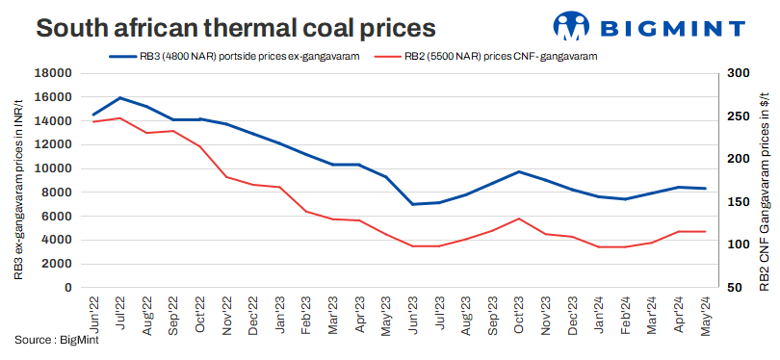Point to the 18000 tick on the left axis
54,73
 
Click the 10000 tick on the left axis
54,168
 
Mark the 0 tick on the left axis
67,287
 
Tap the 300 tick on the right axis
738,73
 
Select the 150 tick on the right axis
738,202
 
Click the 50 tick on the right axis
735,287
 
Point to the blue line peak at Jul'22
119,97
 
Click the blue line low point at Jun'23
412,204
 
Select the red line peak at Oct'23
519,219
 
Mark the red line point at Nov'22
226,176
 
